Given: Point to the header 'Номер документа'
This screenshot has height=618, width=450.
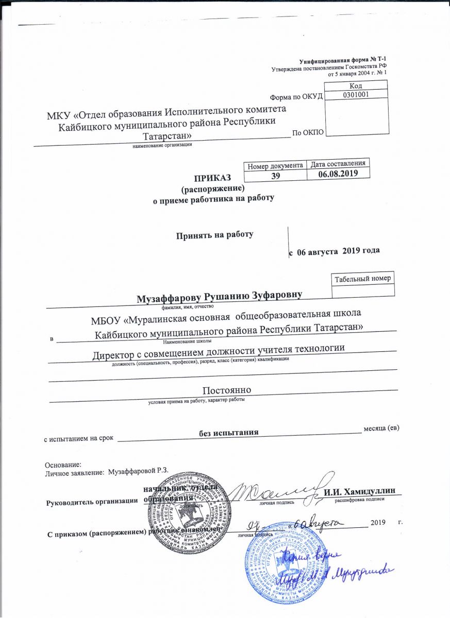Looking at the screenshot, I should pyautogui.click(x=275, y=165).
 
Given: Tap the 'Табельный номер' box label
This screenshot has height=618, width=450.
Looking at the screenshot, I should pyautogui.click(x=362, y=278).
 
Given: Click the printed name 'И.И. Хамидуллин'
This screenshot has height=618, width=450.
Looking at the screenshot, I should pyautogui.click(x=359, y=491).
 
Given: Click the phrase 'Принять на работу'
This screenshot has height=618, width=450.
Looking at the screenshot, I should pyautogui.click(x=215, y=235).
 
